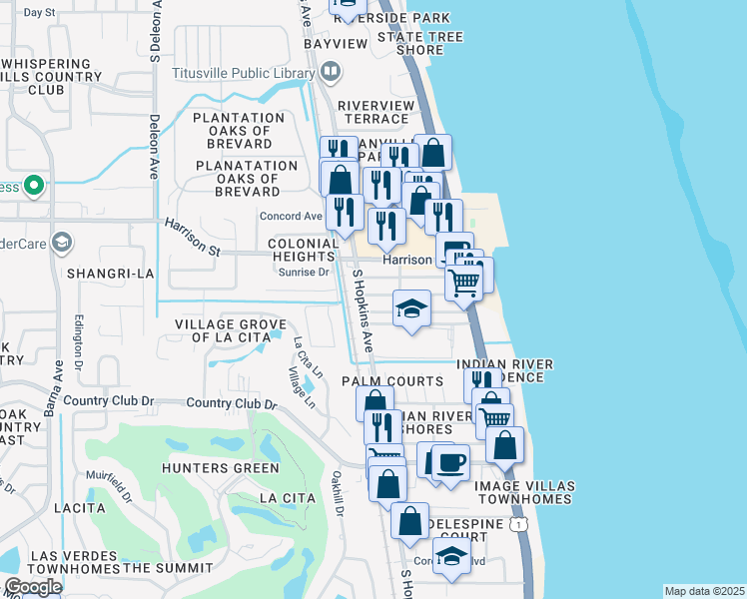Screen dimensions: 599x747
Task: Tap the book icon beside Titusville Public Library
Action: pos(331,72)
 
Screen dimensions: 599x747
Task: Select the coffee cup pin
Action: pos(449,462)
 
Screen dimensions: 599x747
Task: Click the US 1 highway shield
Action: pos(517,524)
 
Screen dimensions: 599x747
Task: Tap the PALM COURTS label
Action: pos(391,381)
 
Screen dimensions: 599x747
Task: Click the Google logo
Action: pos(32,587)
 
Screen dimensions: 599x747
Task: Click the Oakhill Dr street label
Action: pos(339,493)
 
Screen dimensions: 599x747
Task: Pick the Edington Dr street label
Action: pos(79,341)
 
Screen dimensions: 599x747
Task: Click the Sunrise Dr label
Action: pos(303,272)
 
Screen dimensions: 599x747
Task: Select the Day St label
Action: pos(38,13)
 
